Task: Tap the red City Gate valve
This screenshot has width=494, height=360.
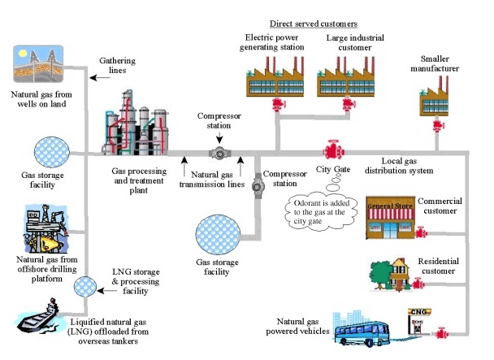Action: (x=331, y=151)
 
